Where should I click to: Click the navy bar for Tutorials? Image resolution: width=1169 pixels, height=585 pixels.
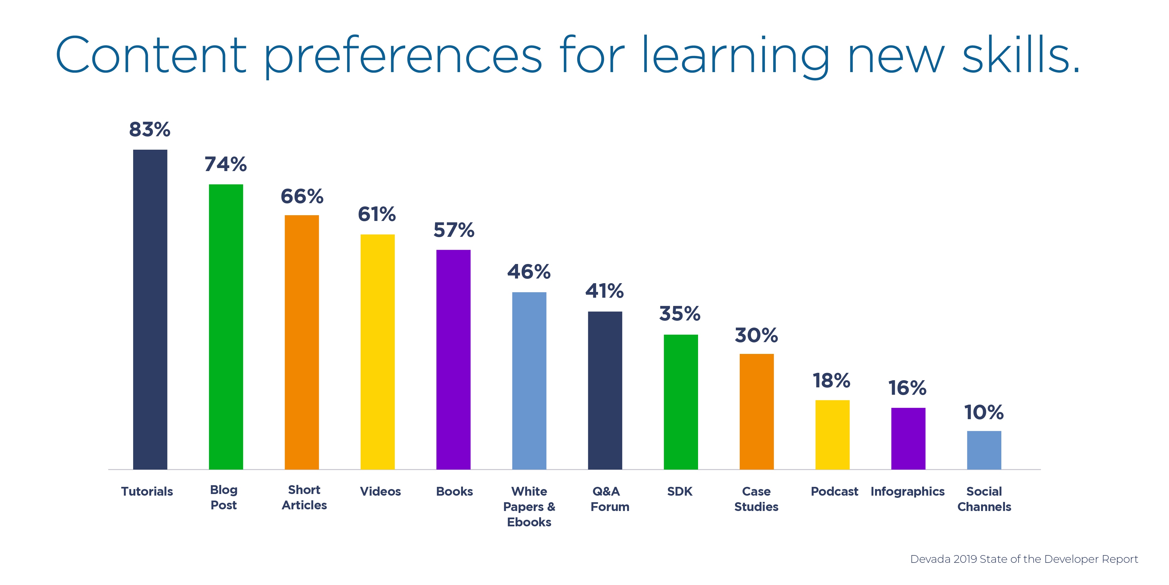pos(150,309)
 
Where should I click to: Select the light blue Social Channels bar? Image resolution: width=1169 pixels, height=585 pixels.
pos(984,450)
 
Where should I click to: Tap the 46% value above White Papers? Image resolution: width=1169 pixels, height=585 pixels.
pos(529,272)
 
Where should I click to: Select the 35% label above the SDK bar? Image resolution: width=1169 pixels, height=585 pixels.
pos(680,313)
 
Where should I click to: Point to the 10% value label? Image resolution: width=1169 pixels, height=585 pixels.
pos(984,412)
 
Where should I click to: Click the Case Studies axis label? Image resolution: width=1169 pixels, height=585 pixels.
pos(756,499)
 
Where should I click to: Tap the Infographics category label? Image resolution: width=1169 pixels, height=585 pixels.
pos(908,492)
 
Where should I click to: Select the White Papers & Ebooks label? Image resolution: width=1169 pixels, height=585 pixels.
pos(529,506)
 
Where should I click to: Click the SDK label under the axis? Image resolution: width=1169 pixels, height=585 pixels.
pos(680,492)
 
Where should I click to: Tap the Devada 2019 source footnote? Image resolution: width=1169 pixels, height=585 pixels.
pos(1024,559)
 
